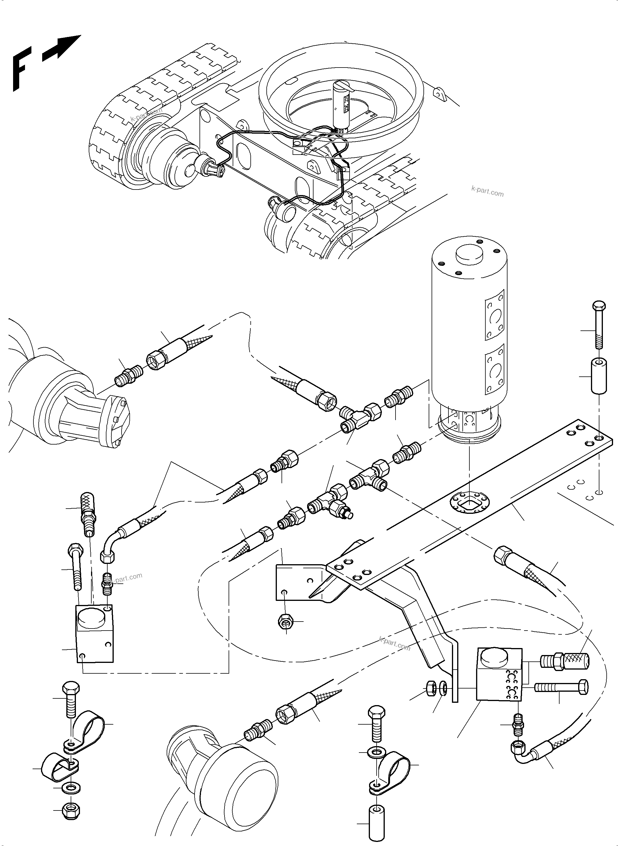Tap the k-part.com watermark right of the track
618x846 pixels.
[487, 192]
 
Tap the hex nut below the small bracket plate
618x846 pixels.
[286, 622]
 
